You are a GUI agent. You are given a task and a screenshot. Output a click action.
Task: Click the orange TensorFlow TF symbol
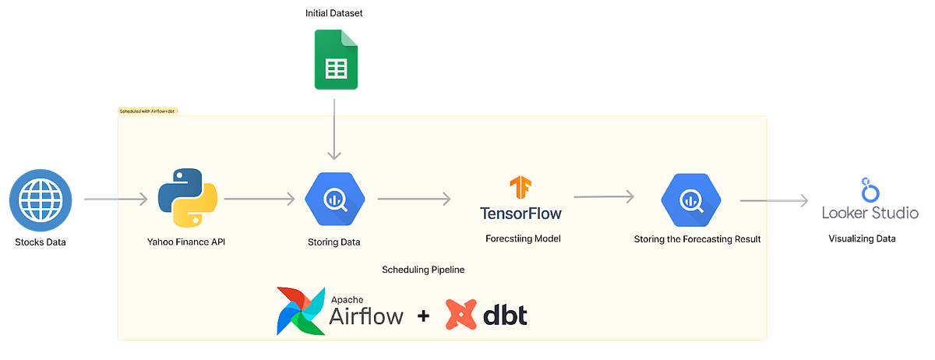[x=520, y=189]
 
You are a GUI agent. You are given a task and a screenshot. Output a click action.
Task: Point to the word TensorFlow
[x=520, y=213]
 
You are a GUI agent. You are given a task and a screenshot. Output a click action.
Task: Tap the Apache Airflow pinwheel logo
[x=301, y=310]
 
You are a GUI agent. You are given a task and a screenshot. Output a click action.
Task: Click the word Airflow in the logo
[x=366, y=316]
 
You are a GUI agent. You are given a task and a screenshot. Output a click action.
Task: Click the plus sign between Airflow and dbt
[x=423, y=316]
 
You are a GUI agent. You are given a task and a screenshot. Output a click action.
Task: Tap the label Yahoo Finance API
[x=185, y=242]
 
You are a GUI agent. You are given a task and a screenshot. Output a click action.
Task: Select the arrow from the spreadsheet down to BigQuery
[x=334, y=129]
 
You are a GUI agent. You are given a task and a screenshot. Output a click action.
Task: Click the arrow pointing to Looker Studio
[x=775, y=200]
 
